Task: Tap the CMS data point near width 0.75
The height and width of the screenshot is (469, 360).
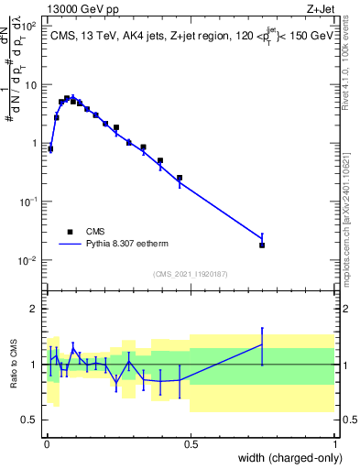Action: pyautogui.click(x=262, y=245)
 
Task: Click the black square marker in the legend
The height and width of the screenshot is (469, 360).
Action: pyautogui.click(x=70, y=232)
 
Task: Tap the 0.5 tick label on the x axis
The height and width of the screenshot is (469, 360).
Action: pyautogui.click(x=191, y=443)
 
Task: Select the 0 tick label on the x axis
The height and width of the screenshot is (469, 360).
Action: pyautogui.click(x=46, y=443)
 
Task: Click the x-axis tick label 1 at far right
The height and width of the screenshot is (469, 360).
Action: pyautogui.click(x=335, y=443)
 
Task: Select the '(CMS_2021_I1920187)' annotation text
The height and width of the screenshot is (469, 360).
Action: pyautogui.click(x=191, y=274)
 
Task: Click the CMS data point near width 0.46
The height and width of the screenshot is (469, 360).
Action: pyautogui.click(x=180, y=178)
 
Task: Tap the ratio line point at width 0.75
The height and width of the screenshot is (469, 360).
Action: pyautogui.click(x=262, y=345)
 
